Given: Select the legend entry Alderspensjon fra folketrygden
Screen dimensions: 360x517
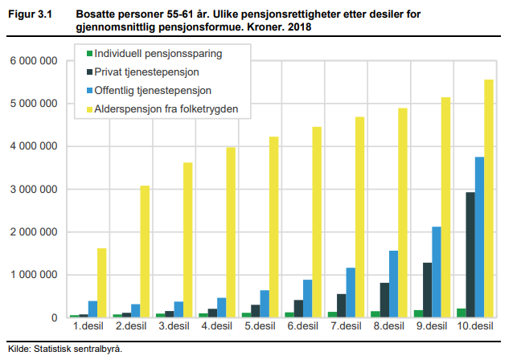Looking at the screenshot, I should click(x=166, y=108).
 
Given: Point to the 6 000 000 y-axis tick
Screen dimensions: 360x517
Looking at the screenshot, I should click(x=33, y=61).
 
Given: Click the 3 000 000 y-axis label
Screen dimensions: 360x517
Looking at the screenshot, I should click(x=33, y=190).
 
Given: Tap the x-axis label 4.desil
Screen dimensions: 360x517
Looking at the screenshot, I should click(x=216, y=329).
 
